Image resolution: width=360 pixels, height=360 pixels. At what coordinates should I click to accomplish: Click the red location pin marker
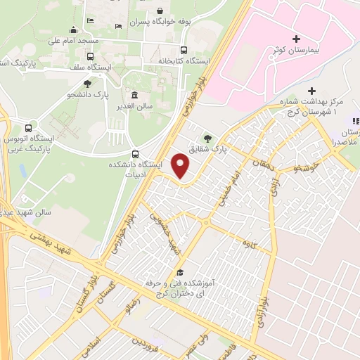(181, 167)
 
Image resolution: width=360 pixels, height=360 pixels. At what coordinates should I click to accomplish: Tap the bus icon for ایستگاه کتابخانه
(184, 50)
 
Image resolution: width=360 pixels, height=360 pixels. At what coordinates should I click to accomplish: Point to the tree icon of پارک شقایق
(207, 138)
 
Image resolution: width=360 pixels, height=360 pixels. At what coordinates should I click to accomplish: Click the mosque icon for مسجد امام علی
(73, 30)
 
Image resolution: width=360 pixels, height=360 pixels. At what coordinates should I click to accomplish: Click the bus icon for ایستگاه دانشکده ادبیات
(135, 154)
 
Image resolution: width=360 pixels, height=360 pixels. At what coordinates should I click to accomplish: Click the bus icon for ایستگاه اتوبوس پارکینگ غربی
(28, 129)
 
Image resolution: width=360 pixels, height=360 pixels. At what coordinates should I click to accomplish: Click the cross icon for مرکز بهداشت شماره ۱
(312, 91)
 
